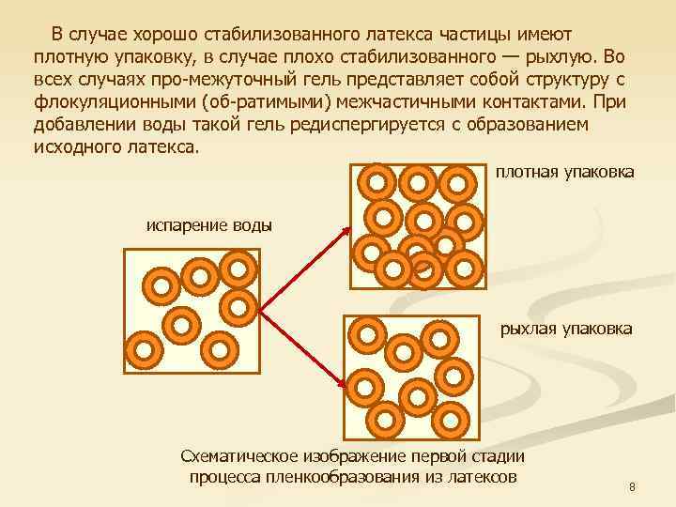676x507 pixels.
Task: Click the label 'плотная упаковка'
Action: coord(564,172)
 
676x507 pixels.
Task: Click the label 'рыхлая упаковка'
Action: coord(567,329)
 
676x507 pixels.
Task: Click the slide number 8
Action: coord(632,487)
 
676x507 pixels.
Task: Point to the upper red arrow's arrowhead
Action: coord(348,228)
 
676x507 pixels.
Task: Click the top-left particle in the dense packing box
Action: coord(379,180)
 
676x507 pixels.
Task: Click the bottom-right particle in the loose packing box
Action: coord(453,417)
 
